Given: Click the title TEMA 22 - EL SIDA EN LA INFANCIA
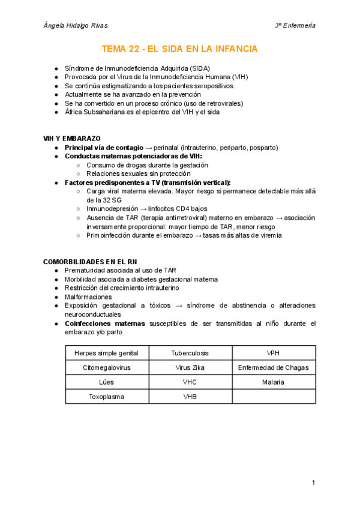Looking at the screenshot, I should [x=179, y=49].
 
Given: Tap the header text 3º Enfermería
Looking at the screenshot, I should [x=295, y=26].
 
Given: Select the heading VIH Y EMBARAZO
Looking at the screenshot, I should [x=72, y=139].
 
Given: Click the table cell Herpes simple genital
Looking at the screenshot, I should [x=106, y=352].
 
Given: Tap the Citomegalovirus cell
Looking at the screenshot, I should [x=106, y=367].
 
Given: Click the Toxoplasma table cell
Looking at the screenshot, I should [x=106, y=397].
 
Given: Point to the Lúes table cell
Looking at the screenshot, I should [x=106, y=382].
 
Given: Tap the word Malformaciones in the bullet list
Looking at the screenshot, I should [x=88, y=297].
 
